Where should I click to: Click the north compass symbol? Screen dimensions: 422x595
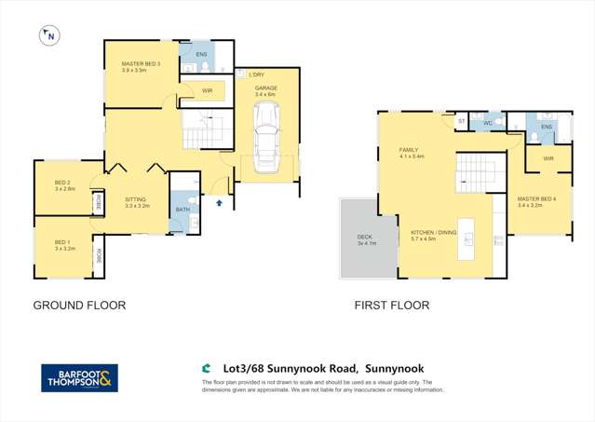point(48,36)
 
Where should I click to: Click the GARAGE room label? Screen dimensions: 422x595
point(266,88)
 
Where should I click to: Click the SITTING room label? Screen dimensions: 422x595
point(137,199)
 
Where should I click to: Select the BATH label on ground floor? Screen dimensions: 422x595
point(183,210)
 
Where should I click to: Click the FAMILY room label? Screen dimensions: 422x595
point(410,150)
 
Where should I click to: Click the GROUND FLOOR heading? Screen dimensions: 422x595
point(79,305)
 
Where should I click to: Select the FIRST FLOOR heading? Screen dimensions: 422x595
point(391,305)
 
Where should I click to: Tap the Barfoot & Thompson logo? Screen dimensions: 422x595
point(79,377)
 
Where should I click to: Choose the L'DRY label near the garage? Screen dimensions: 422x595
point(255,74)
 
